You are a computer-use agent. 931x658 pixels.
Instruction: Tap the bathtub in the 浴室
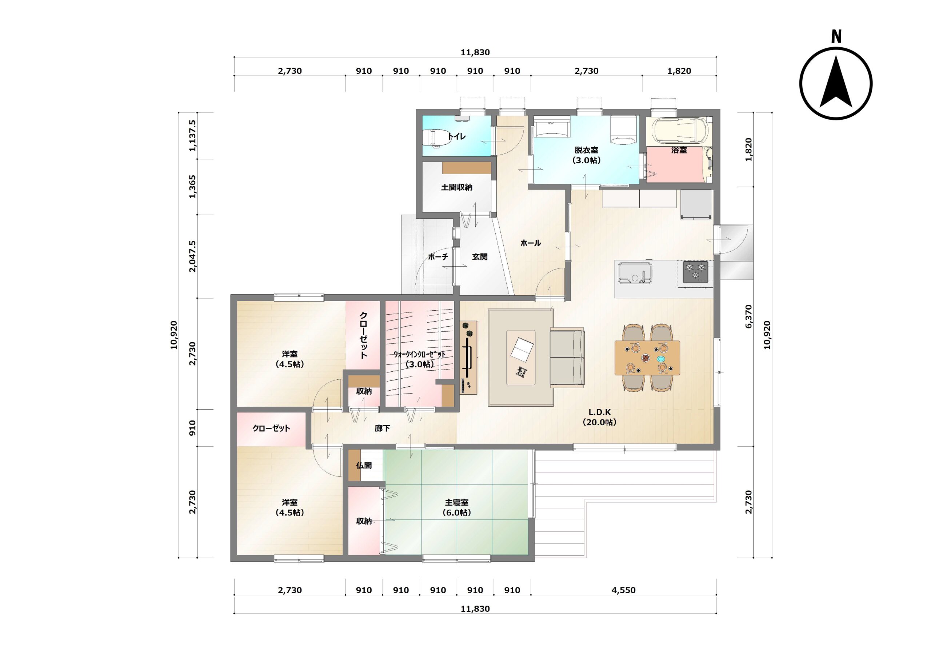click(x=679, y=131)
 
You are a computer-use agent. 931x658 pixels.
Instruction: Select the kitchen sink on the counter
click(x=635, y=272)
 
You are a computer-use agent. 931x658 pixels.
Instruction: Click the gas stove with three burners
click(x=695, y=271)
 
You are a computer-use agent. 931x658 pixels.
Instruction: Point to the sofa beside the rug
click(x=567, y=358)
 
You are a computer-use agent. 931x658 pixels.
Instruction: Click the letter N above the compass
click(x=836, y=36)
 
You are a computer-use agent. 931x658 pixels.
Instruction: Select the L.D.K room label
click(x=599, y=412)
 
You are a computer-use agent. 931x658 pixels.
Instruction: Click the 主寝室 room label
click(x=456, y=502)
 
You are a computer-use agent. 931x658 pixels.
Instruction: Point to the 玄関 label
click(x=480, y=257)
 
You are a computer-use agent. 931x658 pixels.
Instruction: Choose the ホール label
click(x=530, y=243)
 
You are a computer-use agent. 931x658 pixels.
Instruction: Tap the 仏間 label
click(x=364, y=465)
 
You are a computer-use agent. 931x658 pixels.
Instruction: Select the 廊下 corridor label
click(x=382, y=428)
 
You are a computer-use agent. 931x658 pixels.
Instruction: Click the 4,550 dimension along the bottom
click(x=623, y=590)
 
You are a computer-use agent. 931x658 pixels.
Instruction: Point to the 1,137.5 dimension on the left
click(x=192, y=136)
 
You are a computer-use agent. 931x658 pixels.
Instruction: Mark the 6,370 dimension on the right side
click(x=748, y=316)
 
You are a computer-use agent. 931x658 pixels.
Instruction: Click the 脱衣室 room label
click(x=586, y=150)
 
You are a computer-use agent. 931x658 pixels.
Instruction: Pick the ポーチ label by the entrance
click(x=438, y=257)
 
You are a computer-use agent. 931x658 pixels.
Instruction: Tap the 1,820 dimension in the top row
click(x=679, y=71)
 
